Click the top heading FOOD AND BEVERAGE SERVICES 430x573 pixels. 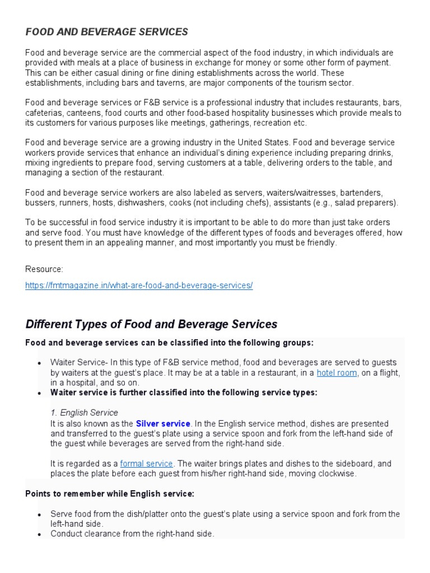coord(107,32)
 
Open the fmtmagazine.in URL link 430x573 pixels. coord(139,285)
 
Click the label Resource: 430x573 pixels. coord(44,269)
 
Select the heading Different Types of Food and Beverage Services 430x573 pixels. coord(151,324)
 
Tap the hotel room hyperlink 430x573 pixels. coord(336,373)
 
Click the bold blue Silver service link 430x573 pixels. coord(163,424)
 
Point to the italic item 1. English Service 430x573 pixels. coord(84,412)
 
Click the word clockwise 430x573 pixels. coord(336,473)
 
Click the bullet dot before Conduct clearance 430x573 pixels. coord(39,534)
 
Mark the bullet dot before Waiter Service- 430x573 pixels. coord(39,363)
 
